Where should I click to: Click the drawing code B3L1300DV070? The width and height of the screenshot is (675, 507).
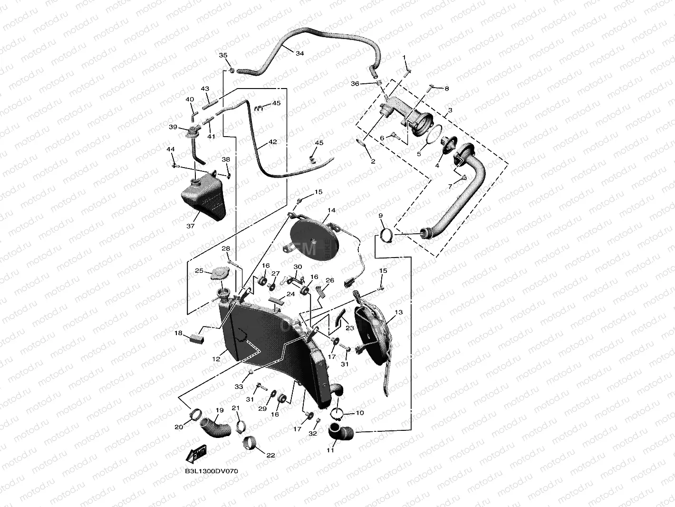point(212,471)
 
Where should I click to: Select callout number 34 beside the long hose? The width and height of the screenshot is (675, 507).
point(299,54)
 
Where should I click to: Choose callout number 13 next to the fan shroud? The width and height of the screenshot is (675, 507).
point(398,313)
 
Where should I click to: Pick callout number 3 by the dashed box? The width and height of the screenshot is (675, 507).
point(450,110)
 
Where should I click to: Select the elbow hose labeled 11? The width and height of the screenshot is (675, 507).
point(340,434)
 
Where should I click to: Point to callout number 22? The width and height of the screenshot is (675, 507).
point(270,456)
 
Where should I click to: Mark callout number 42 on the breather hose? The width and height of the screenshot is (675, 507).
point(272,142)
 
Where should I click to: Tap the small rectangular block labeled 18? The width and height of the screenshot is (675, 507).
point(195,338)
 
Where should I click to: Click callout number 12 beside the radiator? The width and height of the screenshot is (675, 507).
point(216,359)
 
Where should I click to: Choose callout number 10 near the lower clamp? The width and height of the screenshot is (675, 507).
point(360,413)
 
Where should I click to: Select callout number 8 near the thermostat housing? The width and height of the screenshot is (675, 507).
point(446,89)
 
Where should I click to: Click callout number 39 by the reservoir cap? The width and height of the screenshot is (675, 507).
point(173,127)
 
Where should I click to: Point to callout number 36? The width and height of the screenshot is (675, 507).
point(368,84)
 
